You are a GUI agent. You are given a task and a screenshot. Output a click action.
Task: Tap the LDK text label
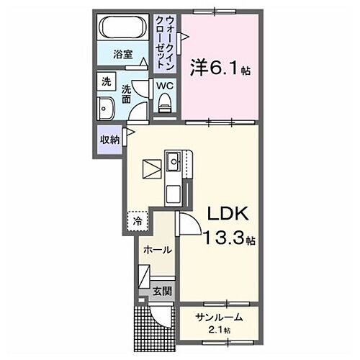pos(228,214)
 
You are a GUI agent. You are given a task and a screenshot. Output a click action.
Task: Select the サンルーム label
pos(217,317)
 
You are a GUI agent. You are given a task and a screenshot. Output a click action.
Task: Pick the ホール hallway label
pos(157,250)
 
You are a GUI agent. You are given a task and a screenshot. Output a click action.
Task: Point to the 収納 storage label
pos(110,140)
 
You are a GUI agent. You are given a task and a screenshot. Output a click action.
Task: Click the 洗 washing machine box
pos(106,83)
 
